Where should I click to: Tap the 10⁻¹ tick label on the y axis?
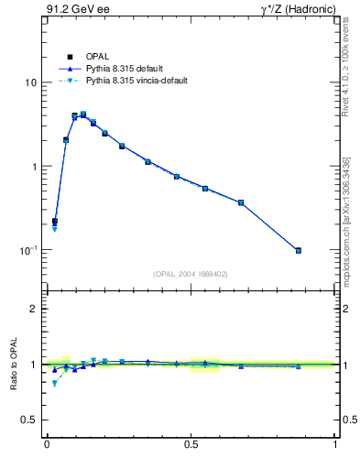[x=27, y=249]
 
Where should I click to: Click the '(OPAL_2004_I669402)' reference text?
[x=191, y=273]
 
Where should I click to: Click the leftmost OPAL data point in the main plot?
[x=54, y=221]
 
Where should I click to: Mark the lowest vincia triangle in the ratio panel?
[x=54, y=383]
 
